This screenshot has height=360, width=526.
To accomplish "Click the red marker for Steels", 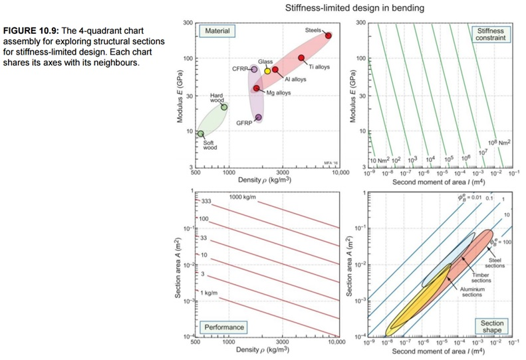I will (328, 35).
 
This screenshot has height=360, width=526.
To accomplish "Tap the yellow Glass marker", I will (267, 71).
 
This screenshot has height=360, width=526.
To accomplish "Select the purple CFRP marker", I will (254, 69).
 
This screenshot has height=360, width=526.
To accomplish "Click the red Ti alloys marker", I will (301, 58).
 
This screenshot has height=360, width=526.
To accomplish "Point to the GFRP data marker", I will (258, 118).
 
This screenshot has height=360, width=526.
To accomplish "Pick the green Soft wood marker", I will (201, 134).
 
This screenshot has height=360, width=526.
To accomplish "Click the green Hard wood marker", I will (224, 107).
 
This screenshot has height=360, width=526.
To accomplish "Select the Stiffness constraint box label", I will (489, 34).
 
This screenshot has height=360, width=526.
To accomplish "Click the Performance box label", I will (224, 327).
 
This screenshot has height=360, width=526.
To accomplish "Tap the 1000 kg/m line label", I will (245, 197).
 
